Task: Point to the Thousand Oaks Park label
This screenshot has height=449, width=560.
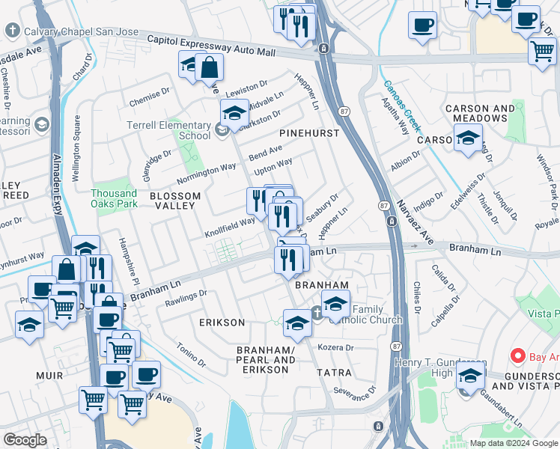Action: click(114, 198)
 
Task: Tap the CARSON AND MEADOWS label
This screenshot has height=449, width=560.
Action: click(480, 114)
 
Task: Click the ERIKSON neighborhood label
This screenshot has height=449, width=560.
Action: click(222, 323)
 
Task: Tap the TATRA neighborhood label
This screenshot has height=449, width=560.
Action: click(333, 372)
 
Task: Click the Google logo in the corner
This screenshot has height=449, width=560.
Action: click(25, 440)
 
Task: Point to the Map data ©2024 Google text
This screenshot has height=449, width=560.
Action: click(514, 444)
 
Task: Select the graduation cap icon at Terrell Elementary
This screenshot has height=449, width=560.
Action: click(234, 114)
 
